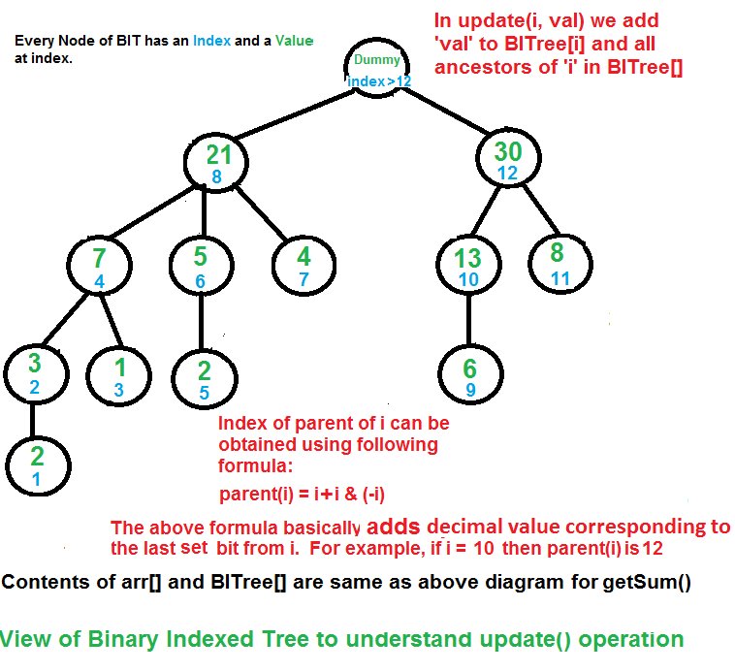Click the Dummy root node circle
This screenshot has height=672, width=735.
pos(377,67)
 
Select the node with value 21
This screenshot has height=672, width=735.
pos(216,161)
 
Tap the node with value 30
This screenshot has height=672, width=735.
pos(509,158)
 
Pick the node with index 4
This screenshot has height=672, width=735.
pos(99,265)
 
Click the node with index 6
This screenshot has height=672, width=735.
pos(201,265)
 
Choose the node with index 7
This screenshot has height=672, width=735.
pos(304,265)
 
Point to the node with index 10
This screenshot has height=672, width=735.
pos(468,265)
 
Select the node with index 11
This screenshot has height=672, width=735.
pos(560,264)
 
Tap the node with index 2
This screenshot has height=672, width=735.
pos(37,374)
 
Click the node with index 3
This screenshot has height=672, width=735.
pos(118,376)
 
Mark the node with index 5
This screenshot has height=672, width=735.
pos(205,378)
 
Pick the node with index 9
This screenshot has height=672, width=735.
pos(470,374)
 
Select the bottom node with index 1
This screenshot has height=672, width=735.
pos(38,465)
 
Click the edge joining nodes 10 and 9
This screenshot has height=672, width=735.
pos(469,320)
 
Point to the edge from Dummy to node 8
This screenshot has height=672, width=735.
pos(295,113)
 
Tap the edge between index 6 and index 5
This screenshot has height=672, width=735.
pos(201,322)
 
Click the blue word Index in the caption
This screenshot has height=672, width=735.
pos(212,41)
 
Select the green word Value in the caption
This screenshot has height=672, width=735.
pos(295,41)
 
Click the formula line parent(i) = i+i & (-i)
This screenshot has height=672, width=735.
pos(302,494)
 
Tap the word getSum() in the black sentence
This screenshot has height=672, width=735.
pos(647,583)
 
